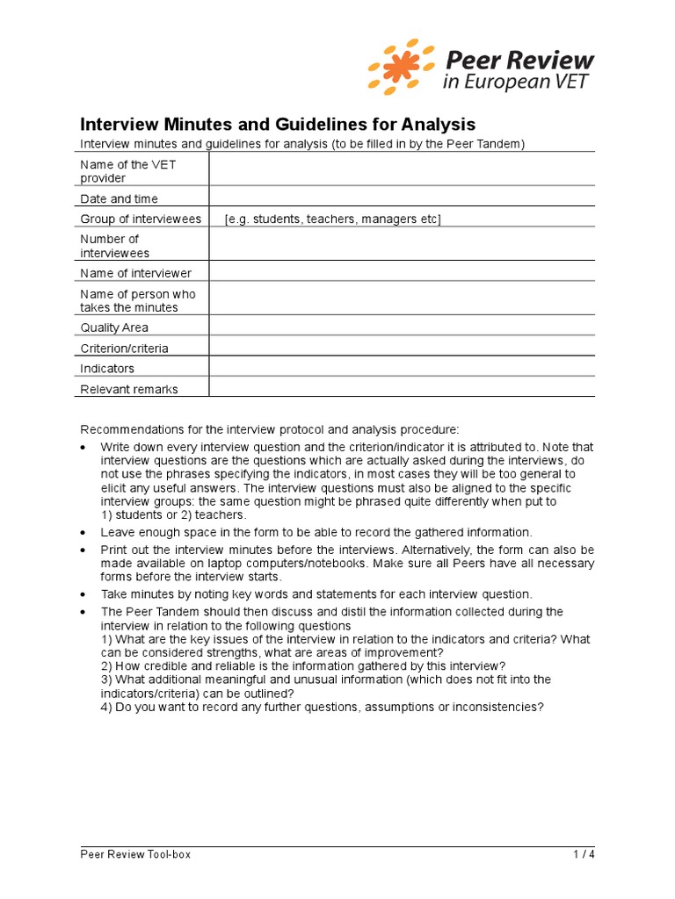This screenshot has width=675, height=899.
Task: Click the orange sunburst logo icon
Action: (401, 67)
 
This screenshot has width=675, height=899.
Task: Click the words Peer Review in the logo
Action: (520, 60)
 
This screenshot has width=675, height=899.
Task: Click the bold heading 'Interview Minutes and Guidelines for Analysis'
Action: (278, 124)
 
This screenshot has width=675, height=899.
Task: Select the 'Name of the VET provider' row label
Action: (114, 171)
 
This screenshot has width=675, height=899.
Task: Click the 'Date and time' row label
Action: (120, 199)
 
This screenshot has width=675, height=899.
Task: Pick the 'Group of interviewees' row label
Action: (141, 219)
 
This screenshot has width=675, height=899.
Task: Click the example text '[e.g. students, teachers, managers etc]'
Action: (332, 219)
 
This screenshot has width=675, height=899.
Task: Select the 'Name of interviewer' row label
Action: (135, 274)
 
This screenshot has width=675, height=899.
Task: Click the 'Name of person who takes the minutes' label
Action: (138, 300)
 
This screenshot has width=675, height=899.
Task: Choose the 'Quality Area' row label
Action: (114, 327)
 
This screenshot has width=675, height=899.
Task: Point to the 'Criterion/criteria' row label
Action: (124, 349)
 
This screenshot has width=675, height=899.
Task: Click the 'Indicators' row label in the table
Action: (107, 369)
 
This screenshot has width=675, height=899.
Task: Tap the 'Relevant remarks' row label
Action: (129, 390)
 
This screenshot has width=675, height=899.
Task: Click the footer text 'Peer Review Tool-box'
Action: (135, 854)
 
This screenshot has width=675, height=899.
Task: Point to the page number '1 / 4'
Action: (584, 854)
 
